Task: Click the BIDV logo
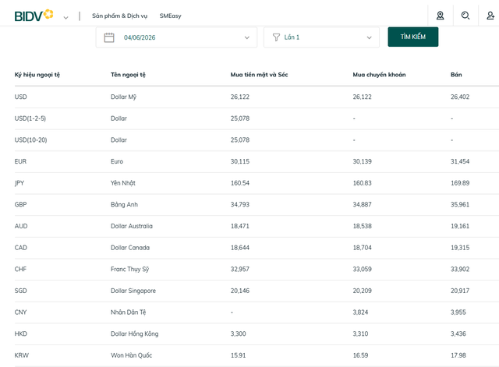(x=34, y=16)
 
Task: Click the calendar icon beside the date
(x=109, y=37)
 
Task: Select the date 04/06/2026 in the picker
(x=140, y=37)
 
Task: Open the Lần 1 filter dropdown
(x=321, y=37)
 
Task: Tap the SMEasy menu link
(x=170, y=16)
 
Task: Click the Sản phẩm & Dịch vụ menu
(x=119, y=16)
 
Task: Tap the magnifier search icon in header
(x=465, y=16)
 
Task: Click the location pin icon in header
(x=440, y=16)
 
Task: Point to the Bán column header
(x=456, y=75)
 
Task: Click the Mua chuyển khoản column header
(x=379, y=75)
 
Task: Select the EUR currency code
(x=20, y=161)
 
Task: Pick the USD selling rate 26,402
(x=460, y=97)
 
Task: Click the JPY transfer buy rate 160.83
(x=362, y=183)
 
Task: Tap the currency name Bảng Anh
(x=124, y=204)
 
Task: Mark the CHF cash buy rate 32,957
(x=240, y=269)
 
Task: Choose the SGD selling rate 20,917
(x=460, y=291)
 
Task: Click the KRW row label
(x=22, y=355)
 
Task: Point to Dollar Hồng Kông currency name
(x=135, y=333)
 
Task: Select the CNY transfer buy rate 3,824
(x=360, y=312)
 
